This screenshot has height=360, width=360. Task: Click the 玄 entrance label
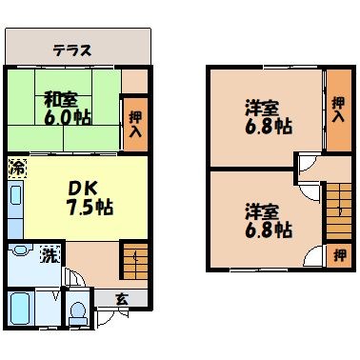pos(121,298)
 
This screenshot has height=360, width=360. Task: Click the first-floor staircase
pos(134,258)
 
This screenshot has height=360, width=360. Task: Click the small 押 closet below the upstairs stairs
pos(338,255)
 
